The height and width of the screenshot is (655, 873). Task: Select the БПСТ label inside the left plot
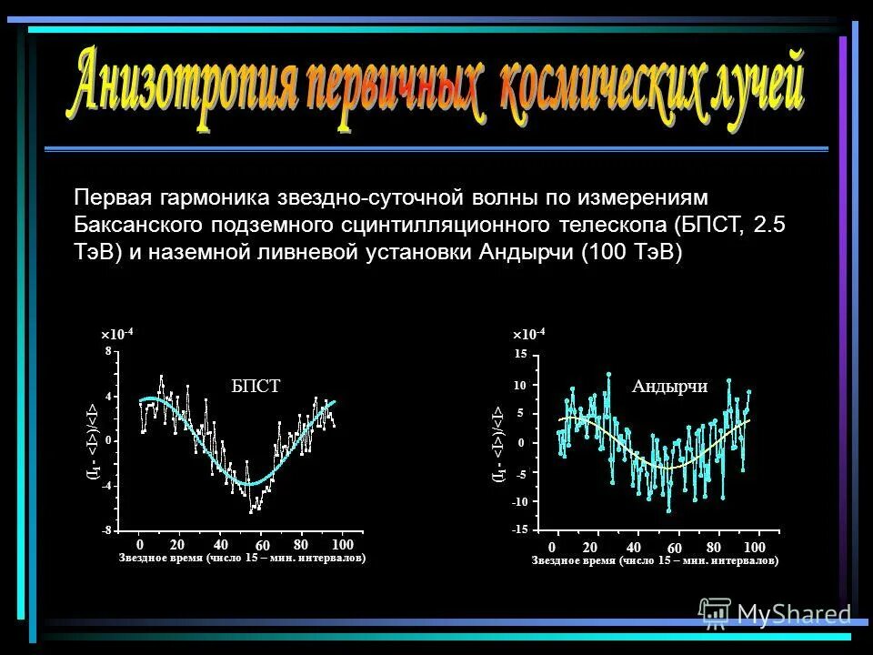256,387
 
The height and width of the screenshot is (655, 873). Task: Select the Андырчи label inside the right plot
669,386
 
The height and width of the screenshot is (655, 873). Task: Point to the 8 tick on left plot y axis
107,350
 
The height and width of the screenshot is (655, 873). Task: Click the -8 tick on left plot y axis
105,529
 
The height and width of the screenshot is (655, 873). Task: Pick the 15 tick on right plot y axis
520,353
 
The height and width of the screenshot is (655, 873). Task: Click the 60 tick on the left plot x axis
262,545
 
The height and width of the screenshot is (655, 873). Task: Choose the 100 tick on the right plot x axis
753,546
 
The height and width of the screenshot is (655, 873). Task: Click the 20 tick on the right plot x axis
590,546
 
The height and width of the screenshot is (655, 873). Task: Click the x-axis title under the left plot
242,559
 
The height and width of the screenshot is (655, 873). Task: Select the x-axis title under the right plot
655,561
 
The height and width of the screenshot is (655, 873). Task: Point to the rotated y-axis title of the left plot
91,441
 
